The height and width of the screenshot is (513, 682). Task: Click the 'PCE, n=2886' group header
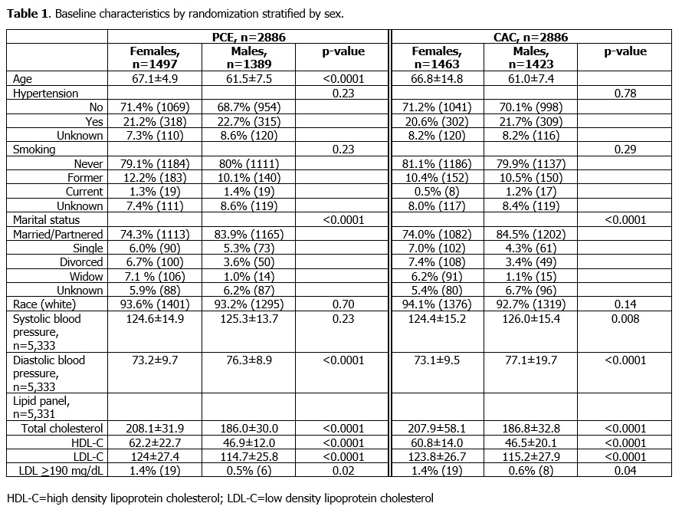click(248, 37)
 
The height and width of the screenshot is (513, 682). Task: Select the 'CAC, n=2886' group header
click(532, 37)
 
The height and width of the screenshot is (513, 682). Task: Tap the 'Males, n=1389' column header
click(247, 58)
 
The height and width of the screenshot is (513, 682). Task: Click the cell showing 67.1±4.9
click(154, 79)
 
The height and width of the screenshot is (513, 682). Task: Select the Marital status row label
click(42, 220)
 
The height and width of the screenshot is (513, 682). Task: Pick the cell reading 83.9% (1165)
click(247, 234)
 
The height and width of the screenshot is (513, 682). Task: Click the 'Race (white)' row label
click(44, 304)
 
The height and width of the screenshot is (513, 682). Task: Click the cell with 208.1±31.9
click(154, 427)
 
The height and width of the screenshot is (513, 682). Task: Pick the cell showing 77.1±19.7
click(532, 360)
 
